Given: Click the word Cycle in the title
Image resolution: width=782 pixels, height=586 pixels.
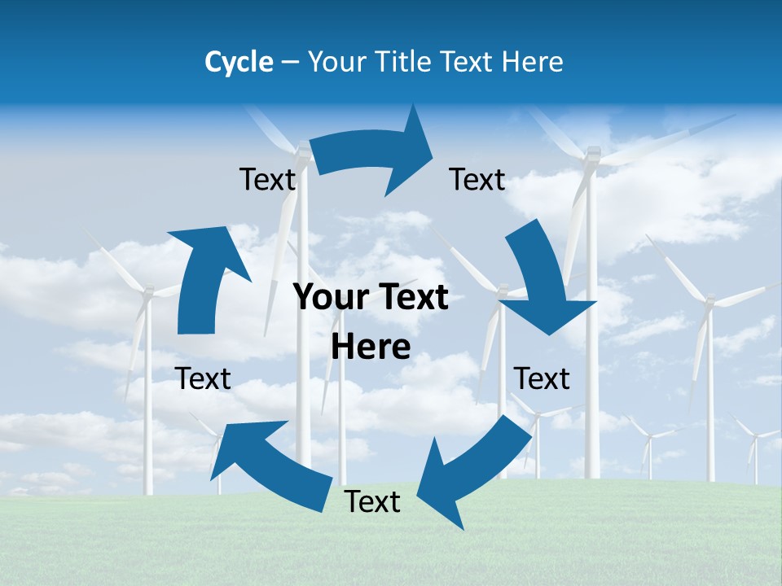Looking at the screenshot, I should (x=239, y=62).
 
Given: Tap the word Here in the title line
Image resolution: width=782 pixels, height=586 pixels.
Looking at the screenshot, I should (x=533, y=62).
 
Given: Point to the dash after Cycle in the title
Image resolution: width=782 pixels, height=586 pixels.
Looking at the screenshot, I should (x=290, y=63).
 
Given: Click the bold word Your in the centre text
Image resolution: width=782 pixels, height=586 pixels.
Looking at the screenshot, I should (x=326, y=298).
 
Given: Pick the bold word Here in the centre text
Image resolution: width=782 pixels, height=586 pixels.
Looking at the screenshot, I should (x=371, y=348).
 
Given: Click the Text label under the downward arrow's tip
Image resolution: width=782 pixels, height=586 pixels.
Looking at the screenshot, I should (x=542, y=378).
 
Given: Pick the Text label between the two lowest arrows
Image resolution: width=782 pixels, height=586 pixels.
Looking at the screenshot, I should (x=372, y=501).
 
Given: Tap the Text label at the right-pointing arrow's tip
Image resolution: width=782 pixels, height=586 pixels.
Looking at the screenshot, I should (x=477, y=179).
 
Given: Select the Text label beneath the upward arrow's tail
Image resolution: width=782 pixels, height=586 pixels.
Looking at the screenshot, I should (x=203, y=378).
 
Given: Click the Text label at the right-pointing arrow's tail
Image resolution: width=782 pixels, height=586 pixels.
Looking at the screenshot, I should (x=267, y=179).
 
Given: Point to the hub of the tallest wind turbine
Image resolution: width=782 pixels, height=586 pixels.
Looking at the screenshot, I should (x=592, y=155).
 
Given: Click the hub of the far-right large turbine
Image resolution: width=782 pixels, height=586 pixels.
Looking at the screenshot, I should (x=709, y=303).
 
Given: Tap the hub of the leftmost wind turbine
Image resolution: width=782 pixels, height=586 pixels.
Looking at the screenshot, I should (x=147, y=293).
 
